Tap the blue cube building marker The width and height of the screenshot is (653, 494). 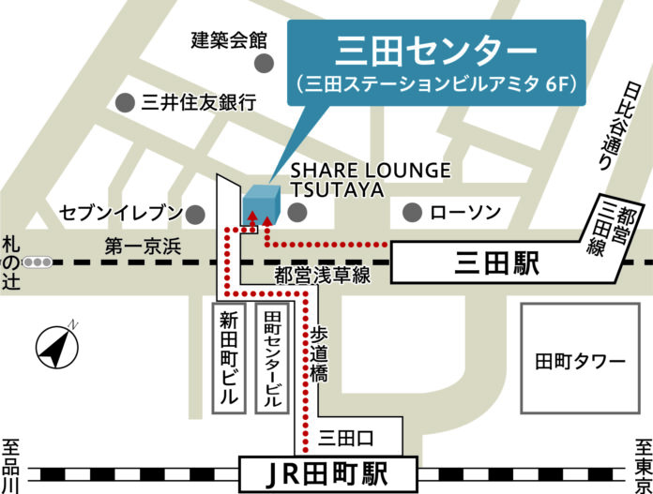click(262, 204)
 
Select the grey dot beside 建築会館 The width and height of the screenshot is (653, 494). click(266, 63)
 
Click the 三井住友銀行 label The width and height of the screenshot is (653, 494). click(198, 103)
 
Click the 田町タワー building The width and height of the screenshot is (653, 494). click(579, 361)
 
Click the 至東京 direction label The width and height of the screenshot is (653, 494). click(642, 465)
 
